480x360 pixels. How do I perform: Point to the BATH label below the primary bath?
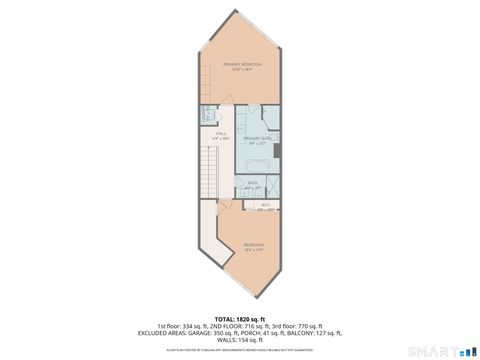pos(253,184)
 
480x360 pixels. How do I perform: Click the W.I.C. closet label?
pos(266,207)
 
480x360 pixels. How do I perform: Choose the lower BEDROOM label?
pos(253,245)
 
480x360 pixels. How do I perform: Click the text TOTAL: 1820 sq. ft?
pos(240,319)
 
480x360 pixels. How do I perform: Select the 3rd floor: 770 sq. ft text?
pos(299,326)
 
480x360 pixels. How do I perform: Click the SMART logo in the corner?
pos(440,351)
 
